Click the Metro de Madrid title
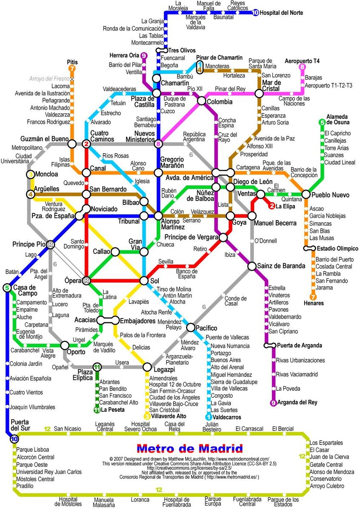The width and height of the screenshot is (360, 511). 190,448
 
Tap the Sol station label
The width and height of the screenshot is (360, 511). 154,281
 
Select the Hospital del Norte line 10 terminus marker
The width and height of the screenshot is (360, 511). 255,13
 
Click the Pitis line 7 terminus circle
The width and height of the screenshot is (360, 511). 72,69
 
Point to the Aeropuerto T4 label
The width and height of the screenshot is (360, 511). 302,61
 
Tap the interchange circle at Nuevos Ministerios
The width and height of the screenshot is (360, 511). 158,144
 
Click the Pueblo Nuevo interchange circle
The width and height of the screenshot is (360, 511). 306,194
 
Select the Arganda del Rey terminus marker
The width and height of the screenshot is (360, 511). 273,402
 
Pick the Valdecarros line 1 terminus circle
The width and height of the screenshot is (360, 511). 209,417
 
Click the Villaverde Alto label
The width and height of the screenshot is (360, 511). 169,416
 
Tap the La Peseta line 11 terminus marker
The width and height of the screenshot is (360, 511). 97,410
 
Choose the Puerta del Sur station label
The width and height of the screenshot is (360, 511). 20,425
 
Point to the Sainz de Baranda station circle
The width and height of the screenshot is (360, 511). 252,266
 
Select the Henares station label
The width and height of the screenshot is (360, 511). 314,303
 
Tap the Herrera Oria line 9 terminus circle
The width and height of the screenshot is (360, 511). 144,55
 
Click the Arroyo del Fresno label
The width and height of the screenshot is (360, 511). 49,79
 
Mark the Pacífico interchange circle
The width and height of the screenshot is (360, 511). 191,327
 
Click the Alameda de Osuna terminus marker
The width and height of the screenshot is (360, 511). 322,123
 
